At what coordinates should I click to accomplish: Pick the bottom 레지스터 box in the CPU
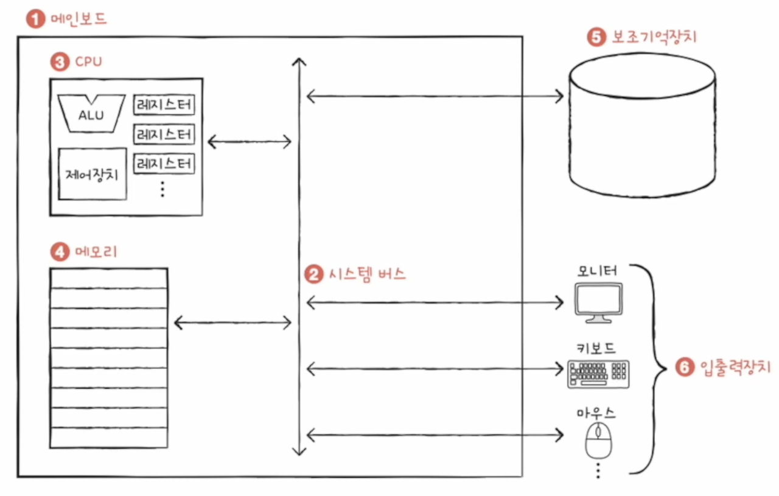pos(164,163)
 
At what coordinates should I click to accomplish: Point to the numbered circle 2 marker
pos(313,275)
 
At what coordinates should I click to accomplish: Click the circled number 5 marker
pos(595,37)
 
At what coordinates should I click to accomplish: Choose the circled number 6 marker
pos(685,368)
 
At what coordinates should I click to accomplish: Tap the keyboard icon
pos(598,374)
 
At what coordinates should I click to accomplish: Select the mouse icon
pos(597,439)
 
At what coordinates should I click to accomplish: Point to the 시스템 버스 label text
pos(365,274)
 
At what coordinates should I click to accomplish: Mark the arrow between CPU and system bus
pos(250,142)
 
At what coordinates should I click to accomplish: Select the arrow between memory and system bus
pos(232,323)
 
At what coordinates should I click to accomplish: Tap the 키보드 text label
pos(596,348)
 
